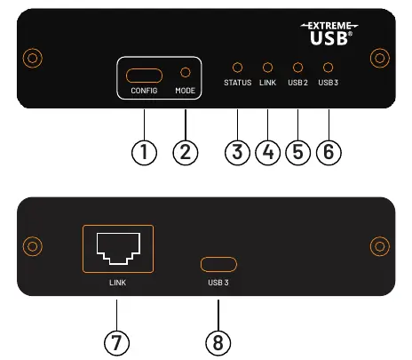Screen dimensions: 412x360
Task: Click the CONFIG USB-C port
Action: (x=144, y=76)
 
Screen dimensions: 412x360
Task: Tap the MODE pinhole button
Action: (x=186, y=72)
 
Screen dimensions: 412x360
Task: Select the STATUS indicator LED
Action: (x=237, y=68)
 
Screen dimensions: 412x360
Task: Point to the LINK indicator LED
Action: (x=267, y=68)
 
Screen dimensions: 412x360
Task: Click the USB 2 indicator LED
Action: (x=297, y=68)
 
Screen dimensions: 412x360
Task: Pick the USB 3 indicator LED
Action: (x=328, y=68)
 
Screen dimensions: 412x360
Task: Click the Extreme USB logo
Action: (x=329, y=34)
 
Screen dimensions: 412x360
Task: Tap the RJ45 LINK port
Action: (x=118, y=249)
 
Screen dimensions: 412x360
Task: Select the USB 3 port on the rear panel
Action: (x=218, y=264)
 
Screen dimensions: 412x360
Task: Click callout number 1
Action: (x=144, y=152)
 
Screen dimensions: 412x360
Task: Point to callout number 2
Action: (x=186, y=152)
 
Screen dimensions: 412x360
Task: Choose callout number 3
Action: (x=237, y=152)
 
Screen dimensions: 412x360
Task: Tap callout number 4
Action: (x=268, y=152)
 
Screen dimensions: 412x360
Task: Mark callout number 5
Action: (x=298, y=152)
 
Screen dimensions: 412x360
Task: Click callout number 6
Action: (x=329, y=152)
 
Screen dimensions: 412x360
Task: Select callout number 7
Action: (x=116, y=343)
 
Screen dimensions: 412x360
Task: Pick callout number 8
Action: (x=218, y=343)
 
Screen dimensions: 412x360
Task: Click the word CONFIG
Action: (x=144, y=91)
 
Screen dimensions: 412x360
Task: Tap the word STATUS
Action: (x=238, y=83)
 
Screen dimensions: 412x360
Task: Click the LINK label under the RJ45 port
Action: (x=118, y=283)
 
